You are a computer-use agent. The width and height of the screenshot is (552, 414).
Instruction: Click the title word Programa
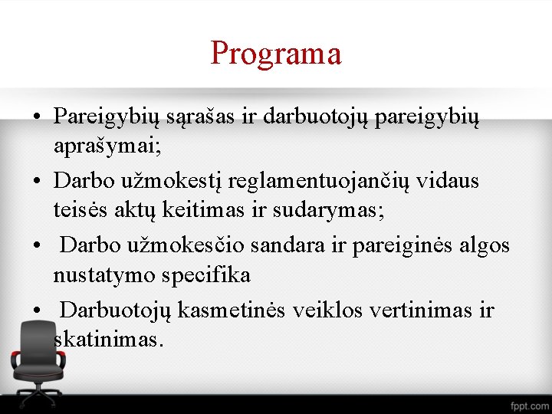click(275, 54)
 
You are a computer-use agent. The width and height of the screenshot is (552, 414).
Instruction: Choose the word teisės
click(80, 208)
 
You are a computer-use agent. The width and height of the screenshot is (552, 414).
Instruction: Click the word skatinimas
click(110, 338)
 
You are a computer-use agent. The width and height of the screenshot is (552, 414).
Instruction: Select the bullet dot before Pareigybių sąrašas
click(37, 117)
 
